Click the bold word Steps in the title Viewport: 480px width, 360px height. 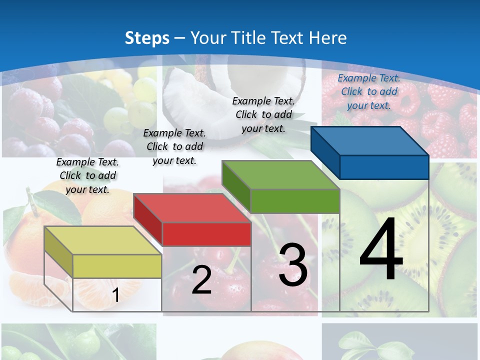pos(147,38)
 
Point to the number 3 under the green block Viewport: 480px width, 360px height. pos(293,265)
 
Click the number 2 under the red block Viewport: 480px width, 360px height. pos(201,280)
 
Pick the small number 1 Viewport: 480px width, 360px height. pos(116,295)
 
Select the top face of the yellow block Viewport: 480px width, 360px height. pos(102,240)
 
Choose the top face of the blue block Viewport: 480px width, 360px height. pos(369,141)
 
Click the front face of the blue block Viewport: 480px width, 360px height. pos(384,167)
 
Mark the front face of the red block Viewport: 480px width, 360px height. pos(206,234)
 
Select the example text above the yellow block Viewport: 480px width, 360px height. pos(87,175)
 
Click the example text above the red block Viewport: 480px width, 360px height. pos(174,146)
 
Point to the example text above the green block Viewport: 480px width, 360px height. pos(263,114)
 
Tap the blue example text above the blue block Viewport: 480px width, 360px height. pos(369,91)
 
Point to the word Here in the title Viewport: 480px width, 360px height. pos(327,38)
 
